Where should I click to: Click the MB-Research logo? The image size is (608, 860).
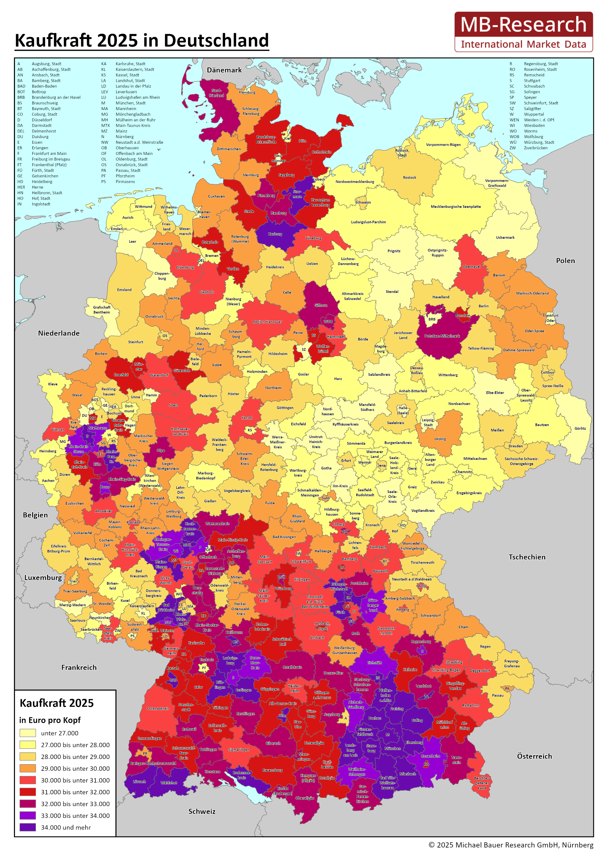pos(523,32)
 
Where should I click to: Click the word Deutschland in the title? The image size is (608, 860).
pos(216,40)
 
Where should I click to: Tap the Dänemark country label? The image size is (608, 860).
pos(224,70)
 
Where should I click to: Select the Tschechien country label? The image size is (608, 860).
pos(527,557)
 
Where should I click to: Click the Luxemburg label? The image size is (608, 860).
pos(43,578)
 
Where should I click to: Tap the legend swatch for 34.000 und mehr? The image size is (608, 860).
pos(27,827)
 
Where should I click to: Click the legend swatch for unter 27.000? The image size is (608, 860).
pos(27,733)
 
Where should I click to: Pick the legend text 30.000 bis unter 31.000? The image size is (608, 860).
pos(75,780)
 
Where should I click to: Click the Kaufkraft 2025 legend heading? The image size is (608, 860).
pos(57,703)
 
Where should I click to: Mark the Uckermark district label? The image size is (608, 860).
pos(505,238)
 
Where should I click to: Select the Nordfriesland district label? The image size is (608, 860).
pos(216,93)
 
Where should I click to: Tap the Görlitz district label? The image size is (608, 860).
pos(580,428)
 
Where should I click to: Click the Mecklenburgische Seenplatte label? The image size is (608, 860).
pos(456,206)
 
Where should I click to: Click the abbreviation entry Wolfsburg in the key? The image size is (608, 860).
pos(533,137)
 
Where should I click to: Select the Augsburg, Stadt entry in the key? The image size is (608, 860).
pos(46,64)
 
